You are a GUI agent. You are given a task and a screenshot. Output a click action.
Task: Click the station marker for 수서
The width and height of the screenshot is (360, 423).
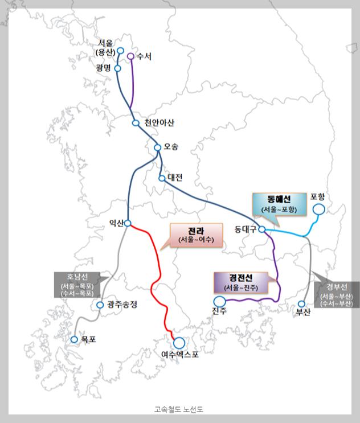[x=130, y=56]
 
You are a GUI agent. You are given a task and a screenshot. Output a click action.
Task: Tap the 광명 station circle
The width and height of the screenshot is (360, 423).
[x=118, y=68]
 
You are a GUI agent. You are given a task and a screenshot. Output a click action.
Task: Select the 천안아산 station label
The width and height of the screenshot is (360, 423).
[x=160, y=123]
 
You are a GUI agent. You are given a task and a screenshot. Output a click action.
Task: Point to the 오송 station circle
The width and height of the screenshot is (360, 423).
[x=158, y=147]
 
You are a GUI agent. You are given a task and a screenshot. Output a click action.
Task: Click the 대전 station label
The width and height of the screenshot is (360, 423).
[x=175, y=178]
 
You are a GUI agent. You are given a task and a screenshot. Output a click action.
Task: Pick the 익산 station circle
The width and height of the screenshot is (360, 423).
[x=128, y=223]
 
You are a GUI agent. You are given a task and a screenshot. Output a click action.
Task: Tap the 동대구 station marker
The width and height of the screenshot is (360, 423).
[x=262, y=229]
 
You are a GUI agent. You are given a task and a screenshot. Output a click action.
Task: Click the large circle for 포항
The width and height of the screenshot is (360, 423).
[x=318, y=210]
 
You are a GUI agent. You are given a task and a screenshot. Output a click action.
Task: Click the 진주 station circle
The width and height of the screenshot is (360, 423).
[x=219, y=301]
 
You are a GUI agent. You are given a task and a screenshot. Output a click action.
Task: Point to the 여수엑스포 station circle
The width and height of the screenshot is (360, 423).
[x=179, y=343]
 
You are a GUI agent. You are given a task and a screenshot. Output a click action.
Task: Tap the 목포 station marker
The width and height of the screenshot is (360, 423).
[x=74, y=339]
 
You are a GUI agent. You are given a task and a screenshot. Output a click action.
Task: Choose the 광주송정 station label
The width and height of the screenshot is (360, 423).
[x=122, y=305]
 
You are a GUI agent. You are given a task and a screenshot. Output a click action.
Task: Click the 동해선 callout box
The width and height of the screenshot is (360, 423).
[x=279, y=204]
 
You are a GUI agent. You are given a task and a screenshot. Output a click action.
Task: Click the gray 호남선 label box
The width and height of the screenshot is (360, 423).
[x=79, y=285]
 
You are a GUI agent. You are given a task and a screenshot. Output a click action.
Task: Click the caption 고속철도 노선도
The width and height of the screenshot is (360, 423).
[x=179, y=409]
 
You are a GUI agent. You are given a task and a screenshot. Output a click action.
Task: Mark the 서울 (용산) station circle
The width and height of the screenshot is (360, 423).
[x=120, y=51]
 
